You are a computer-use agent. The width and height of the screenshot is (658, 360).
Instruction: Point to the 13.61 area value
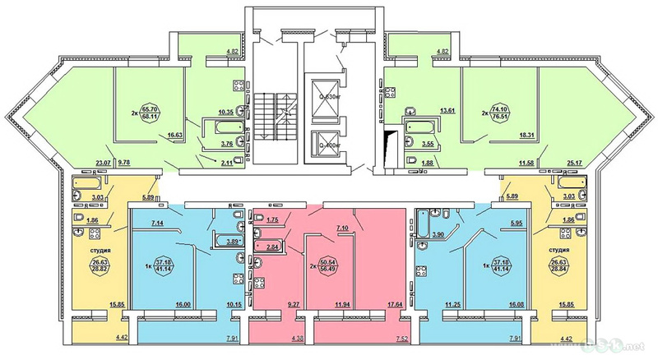point(424,109)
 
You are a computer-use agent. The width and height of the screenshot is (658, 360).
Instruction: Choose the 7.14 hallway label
point(158,223)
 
